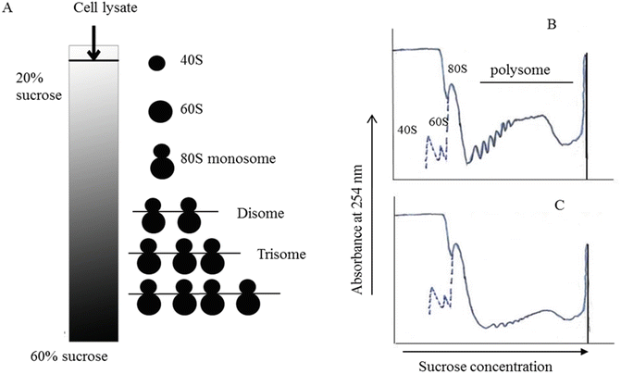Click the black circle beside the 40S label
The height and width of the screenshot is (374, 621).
[x=158, y=64]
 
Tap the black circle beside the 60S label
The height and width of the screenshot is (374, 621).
[x=159, y=111]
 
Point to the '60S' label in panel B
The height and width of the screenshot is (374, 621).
[x=438, y=121]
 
